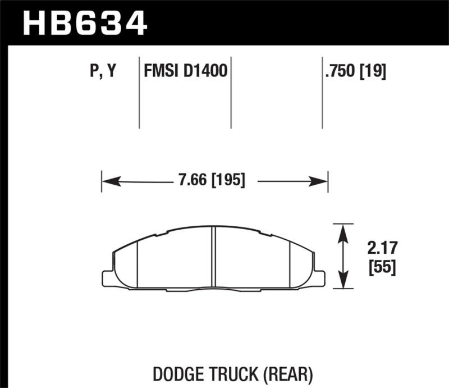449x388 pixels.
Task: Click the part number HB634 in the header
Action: point(84,24)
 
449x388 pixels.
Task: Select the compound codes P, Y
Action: point(102,72)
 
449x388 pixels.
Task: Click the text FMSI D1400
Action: point(185,72)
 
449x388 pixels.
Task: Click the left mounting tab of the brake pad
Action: point(108,278)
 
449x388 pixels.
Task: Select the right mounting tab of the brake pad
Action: point(318,278)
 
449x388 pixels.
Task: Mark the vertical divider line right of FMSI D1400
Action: point(231,93)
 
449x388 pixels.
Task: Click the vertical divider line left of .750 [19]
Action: point(322,93)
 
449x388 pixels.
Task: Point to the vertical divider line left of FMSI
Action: point(139,93)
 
